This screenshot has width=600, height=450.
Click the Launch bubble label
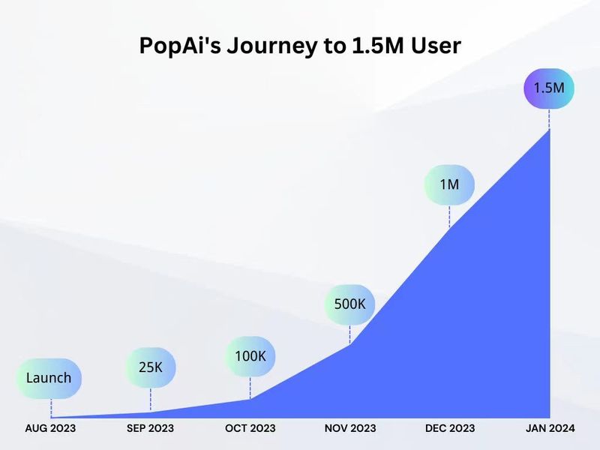click(x=49, y=378)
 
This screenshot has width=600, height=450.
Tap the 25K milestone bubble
click(x=151, y=367)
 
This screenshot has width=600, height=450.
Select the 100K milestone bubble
click(x=250, y=355)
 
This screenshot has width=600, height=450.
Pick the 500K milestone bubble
click(x=349, y=304)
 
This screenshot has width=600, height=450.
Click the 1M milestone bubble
click(x=449, y=184)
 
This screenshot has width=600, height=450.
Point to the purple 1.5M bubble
click(x=548, y=88)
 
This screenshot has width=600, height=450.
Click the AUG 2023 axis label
click(x=50, y=428)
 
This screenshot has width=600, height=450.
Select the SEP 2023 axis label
click(x=150, y=428)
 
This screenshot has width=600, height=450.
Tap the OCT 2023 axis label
click(x=250, y=428)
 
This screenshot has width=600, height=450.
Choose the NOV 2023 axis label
click(x=349, y=428)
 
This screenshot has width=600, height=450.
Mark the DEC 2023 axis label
click(x=449, y=428)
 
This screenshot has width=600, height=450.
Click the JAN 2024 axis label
click(x=549, y=428)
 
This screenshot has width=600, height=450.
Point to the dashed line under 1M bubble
click(x=449, y=215)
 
